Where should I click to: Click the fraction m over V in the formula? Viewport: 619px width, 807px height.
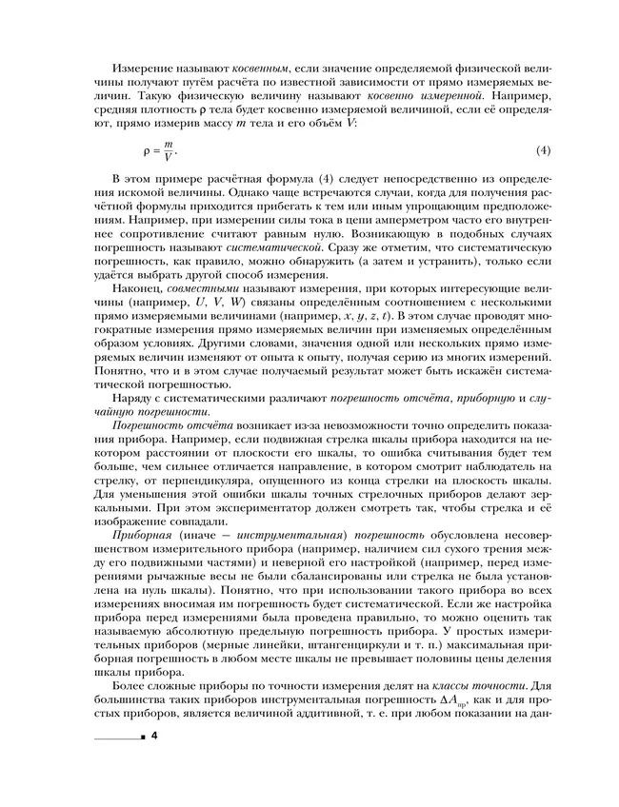(x=170, y=150)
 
